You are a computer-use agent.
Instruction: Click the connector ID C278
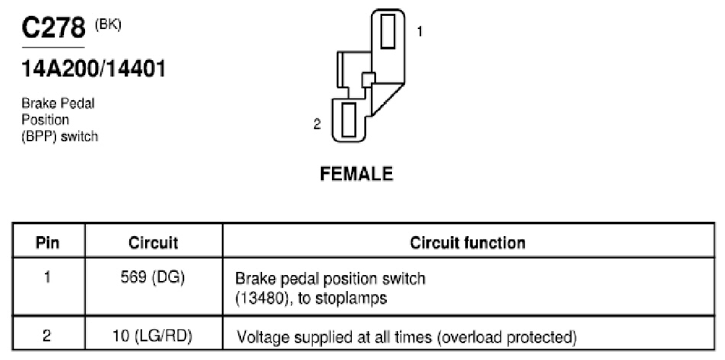pyautogui.click(x=54, y=29)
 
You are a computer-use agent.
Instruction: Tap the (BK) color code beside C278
pyautogui.click(x=108, y=25)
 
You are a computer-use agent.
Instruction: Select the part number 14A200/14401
pyautogui.click(x=93, y=70)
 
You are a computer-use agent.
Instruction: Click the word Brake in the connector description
pyautogui.click(x=37, y=103)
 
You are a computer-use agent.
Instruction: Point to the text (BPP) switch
pyautogui.click(x=59, y=137)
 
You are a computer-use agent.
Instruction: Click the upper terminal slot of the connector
pyautogui.click(x=388, y=31)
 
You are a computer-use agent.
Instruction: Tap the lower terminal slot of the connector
pyautogui.click(x=348, y=120)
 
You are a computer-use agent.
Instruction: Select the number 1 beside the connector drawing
pyautogui.click(x=419, y=31)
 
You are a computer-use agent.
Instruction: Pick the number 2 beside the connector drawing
pyautogui.click(x=317, y=125)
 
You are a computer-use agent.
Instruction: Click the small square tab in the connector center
pyautogui.click(x=368, y=80)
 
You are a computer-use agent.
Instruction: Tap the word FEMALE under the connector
pyautogui.click(x=356, y=174)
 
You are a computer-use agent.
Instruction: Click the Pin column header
pyautogui.click(x=48, y=242)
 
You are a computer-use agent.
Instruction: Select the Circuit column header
pyautogui.click(x=153, y=243)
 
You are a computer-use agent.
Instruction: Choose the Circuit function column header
pyautogui.click(x=467, y=242)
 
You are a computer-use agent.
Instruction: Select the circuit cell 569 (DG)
pyautogui.click(x=152, y=279)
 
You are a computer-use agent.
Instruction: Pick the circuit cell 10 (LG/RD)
pyautogui.click(x=153, y=336)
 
